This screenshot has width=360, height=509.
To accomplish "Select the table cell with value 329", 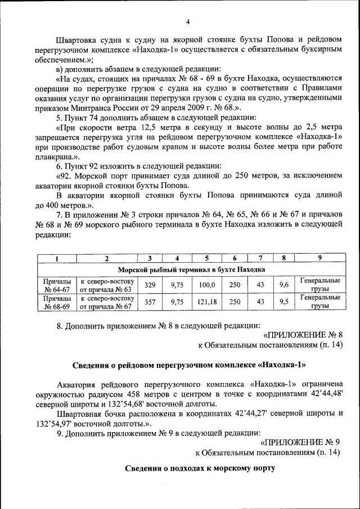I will pyautogui.click(x=150, y=285).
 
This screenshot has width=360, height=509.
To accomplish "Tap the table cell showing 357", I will pyautogui.click(x=150, y=302).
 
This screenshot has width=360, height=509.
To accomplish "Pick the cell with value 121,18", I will pyautogui.click(x=207, y=302).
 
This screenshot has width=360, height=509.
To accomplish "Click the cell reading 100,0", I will pyautogui.click(x=207, y=285).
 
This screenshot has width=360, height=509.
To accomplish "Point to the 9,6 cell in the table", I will pyautogui.click(x=284, y=285).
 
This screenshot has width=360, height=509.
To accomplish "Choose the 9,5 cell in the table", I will pyautogui.click(x=284, y=302).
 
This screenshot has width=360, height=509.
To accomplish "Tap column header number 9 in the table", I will pyautogui.click(x=319, y=259).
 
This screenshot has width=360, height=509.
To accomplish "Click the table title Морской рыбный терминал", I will pyautogui.click(x=190, y=269).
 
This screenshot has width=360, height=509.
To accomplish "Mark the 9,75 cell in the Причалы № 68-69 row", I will pyautogui.click(x=177, y=302).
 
